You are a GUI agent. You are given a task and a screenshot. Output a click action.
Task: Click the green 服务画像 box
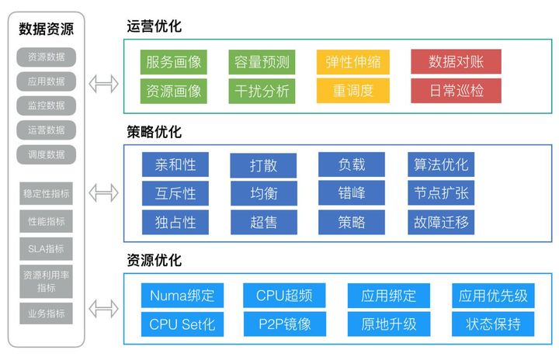point(175,62)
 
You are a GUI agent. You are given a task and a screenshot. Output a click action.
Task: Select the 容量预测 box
point(262,62)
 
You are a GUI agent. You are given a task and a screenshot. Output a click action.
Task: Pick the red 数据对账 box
point(456,62)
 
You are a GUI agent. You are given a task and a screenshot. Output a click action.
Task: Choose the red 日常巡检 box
point(456,91)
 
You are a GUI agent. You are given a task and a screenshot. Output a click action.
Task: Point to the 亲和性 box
point(175,164)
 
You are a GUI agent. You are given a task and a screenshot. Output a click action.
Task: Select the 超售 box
point(264,223)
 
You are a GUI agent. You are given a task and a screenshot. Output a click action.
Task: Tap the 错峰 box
point(352,193)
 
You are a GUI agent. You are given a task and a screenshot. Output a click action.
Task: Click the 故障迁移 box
point(441,223)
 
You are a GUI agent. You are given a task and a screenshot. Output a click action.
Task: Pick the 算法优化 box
point(441,164)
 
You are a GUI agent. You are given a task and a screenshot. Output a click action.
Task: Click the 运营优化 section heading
point(154,26)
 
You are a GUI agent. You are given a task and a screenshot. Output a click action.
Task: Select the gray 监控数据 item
point(47,106)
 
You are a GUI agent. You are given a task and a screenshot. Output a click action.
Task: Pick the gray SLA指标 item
point(47,249)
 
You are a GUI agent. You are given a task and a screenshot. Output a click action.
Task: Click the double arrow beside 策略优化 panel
point(104,192)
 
